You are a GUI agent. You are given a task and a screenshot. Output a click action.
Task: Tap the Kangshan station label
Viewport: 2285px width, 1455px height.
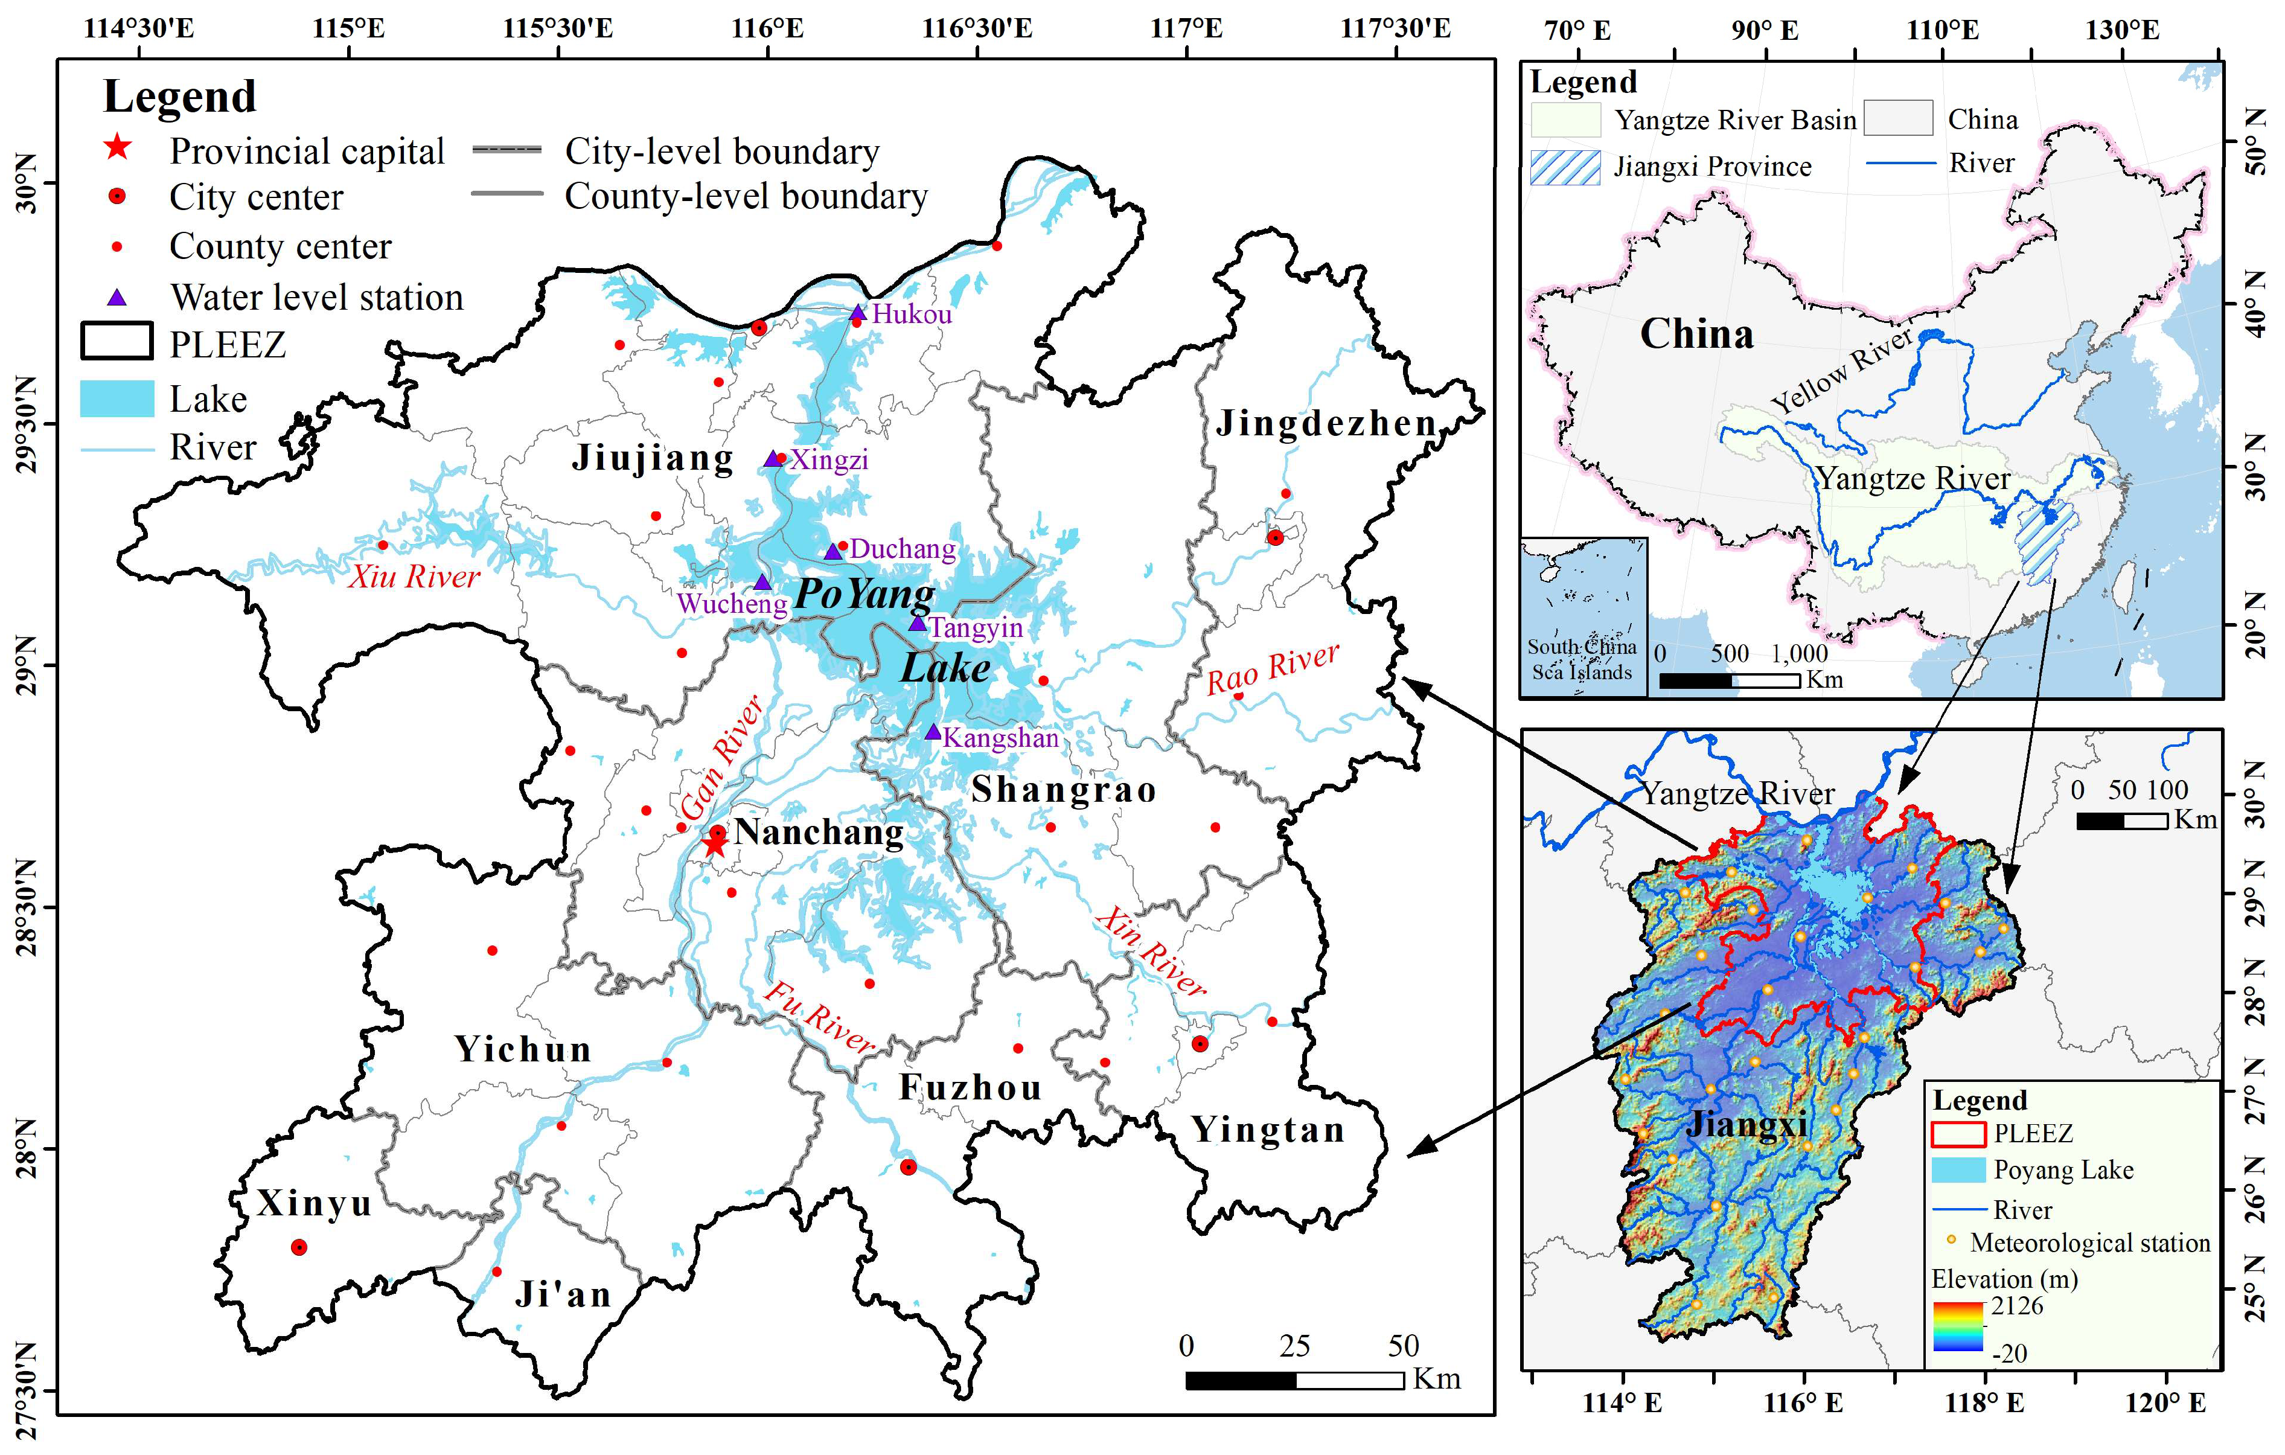pos(1000,738)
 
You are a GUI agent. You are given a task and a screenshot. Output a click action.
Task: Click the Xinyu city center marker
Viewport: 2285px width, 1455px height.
pos(299,1247)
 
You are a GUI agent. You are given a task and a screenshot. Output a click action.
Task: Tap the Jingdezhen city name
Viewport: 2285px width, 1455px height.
pos(1326,423)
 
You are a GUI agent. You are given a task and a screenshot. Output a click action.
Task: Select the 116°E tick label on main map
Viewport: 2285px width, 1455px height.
pos(767,28)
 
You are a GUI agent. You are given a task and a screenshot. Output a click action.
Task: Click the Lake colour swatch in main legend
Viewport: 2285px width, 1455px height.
pos(117,398)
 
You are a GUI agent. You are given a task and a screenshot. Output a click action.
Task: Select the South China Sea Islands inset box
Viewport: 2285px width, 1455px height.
pos(1583,617)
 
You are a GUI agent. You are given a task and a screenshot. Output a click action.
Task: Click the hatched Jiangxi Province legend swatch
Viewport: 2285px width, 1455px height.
pos(1565,167)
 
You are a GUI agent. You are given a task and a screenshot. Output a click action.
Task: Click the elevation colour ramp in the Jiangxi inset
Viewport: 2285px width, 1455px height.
pos(1958,1327)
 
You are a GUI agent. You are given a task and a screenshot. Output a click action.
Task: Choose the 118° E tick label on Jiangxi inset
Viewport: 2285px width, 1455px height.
pos(1983,1403)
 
